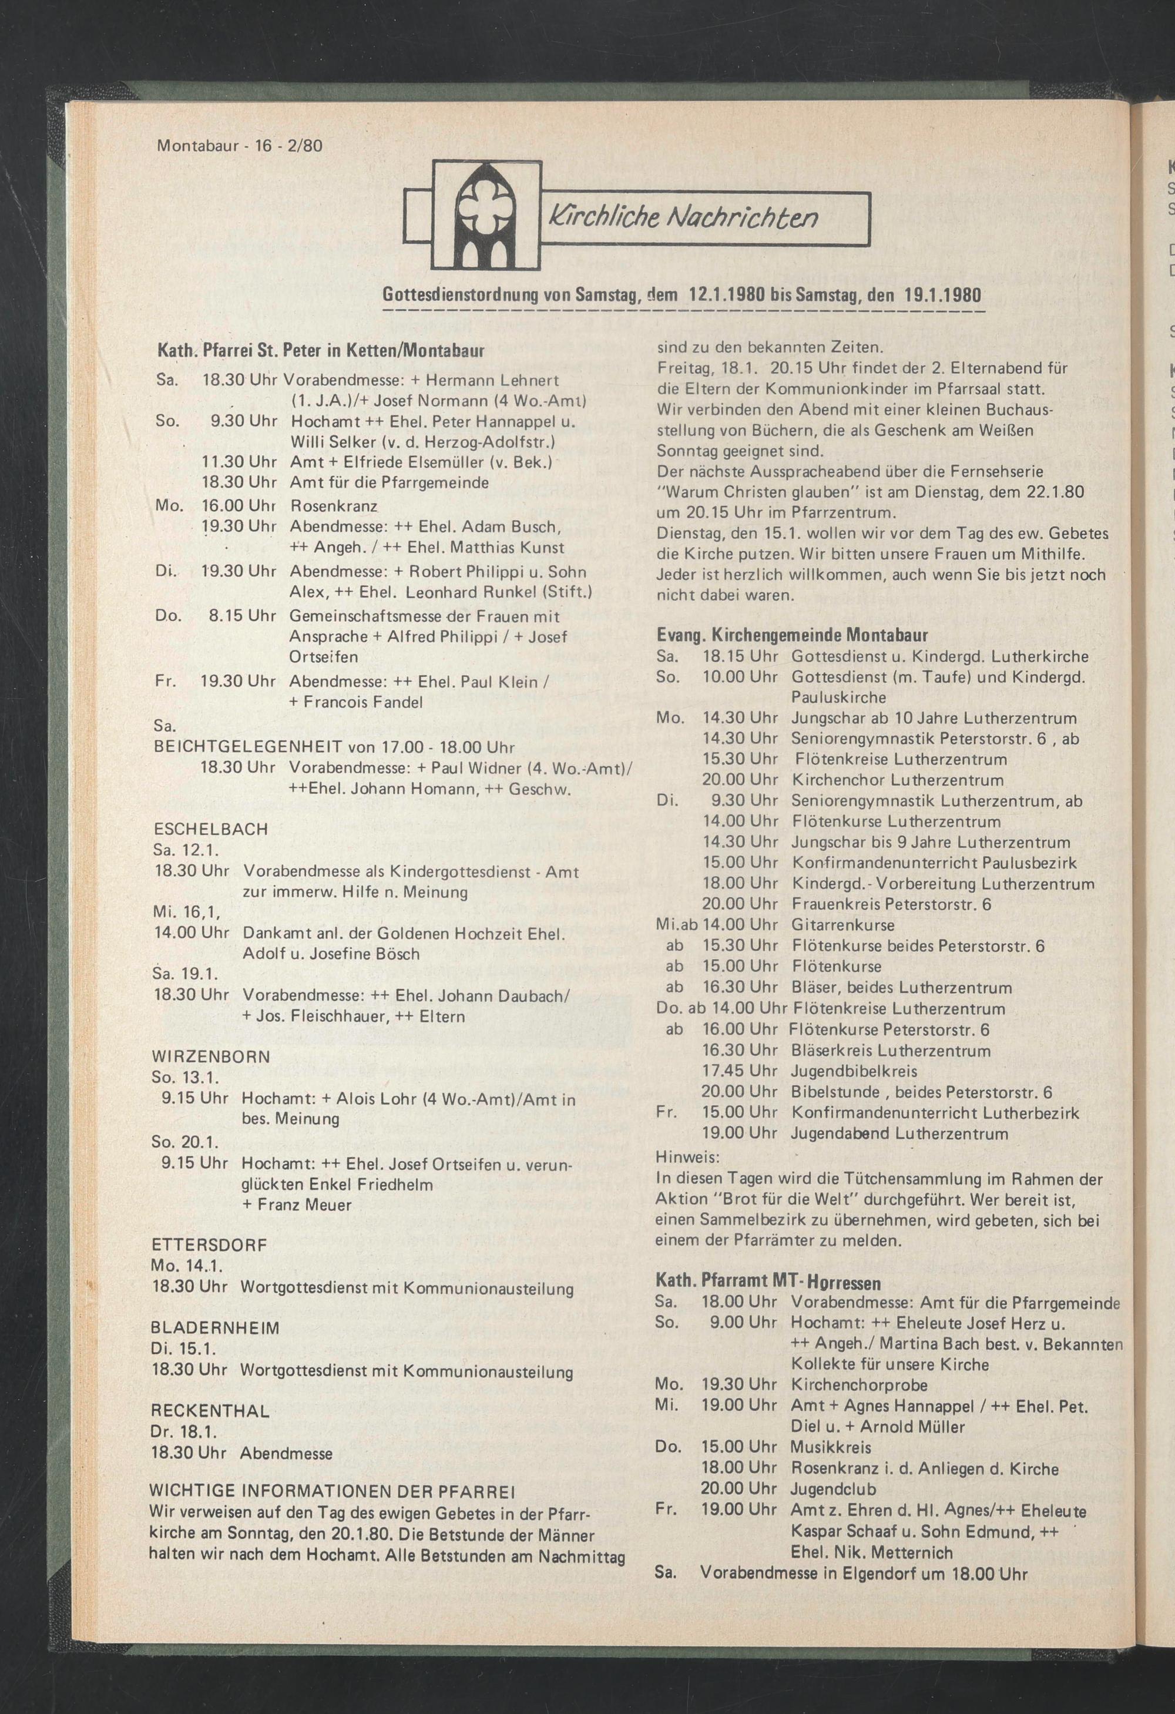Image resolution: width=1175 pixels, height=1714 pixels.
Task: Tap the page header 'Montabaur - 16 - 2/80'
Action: click(240, 145)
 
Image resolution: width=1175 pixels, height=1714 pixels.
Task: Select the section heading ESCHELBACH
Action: click(210, 829)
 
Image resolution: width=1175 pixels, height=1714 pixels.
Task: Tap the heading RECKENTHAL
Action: click(210, 1411)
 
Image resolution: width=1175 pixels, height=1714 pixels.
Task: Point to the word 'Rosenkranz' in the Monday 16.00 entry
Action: click(333, 507)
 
